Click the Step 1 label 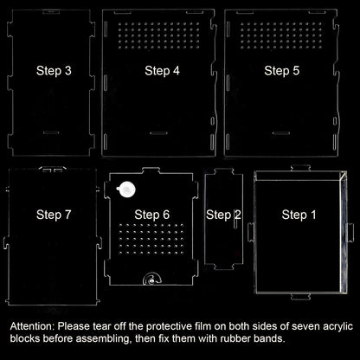(299, 215)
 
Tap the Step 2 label (223, 215)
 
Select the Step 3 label (54, 71)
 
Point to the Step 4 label (162, 71)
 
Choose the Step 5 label (282, 71)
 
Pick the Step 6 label (152, 215)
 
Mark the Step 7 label (54, 215)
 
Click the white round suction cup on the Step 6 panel (126, 190)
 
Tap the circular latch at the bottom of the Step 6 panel (152, 280)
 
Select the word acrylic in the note (337, 327)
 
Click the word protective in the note (169, 327)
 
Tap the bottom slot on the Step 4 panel (158, 133)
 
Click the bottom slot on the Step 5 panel (281, 133)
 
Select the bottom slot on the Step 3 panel (51, 132)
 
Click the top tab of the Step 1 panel (300, 168)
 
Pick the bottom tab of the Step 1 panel (300, 297)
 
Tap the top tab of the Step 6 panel (151, 170)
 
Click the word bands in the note (269, 338)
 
